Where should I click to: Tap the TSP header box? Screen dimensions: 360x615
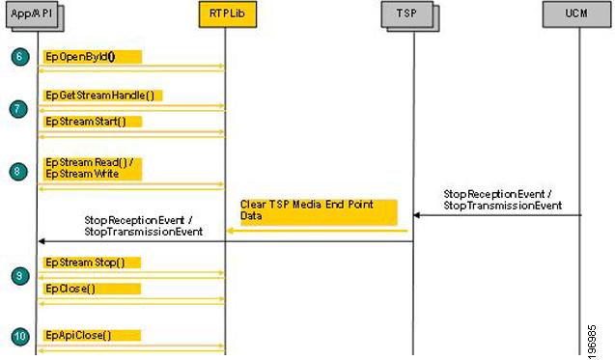click(x=412, y=14)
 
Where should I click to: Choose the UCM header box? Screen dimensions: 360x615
click(x=577, y=14)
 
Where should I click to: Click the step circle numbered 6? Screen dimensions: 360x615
click(x=19, y=57)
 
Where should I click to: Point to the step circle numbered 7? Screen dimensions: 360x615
click(x=19, y=109)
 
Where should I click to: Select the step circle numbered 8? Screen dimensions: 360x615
click(x=19, y=171)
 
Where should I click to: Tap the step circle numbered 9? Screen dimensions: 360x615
click(x=19, y=276)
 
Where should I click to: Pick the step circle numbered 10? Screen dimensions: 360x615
click(x=19, y=336)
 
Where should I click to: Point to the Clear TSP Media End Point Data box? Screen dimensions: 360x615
click(x=318, y=211)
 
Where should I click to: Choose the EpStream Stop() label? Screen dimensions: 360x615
click(x=92, y=263)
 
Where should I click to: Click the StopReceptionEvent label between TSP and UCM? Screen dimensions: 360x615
click(x=502, y=200)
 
